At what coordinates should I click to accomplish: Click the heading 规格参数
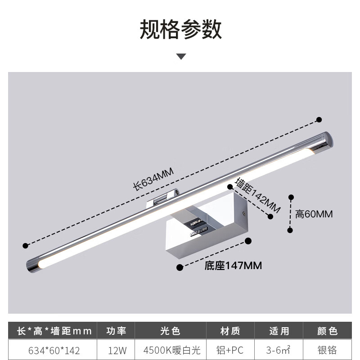pyautogui.click(x=180, y=30)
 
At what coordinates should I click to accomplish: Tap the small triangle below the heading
pyautogui.click(x=181, y=57)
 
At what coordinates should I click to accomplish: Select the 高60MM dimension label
pyautogui.click(x=314, y=214)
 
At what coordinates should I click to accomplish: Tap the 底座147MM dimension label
pyautogui.click(x=233, y=265)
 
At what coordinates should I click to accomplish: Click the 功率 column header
pyautogui.click(x=116, y=332)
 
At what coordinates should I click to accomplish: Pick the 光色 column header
pyautogui.click(x=171, y=332)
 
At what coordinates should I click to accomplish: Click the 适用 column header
pyautogui.click(x=279, y=332)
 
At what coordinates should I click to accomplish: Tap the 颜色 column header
pyautogui.click(x=327, y=332)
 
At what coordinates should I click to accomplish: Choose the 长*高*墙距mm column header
pyautogui.click(x=54, y=332)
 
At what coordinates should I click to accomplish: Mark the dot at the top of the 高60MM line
pyautogui.click(x=291, y=197)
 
